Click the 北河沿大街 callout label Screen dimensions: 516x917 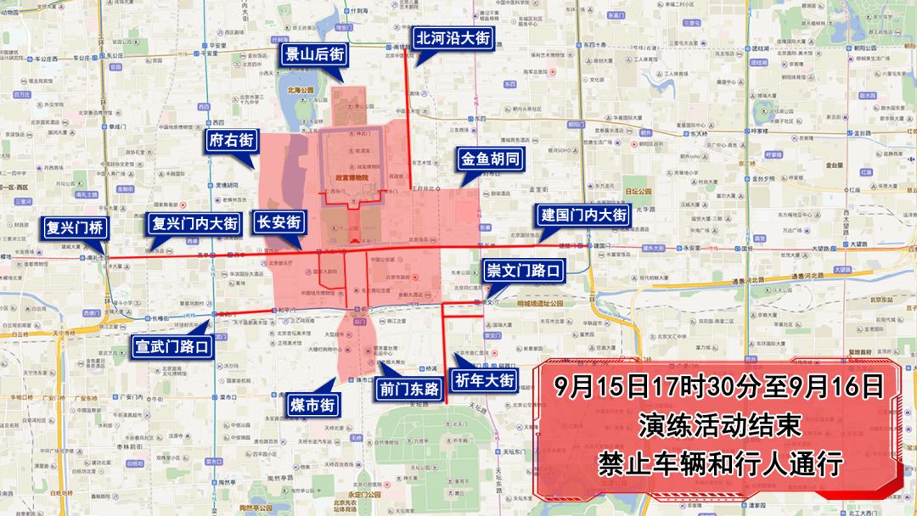(453, 38)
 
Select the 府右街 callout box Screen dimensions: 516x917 (231, 141)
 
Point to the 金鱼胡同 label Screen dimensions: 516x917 (490, 159)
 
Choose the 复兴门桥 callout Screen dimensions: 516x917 (75, 227)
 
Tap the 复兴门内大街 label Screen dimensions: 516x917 (194, 223)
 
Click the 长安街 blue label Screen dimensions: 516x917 (279, 222)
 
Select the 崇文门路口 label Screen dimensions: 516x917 (523, 271)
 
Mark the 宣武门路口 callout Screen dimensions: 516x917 (172, 346)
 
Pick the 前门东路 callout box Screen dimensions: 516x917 (410, 390)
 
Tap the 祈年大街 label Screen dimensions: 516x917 (484, 380)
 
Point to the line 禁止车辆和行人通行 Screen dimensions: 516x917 (718, 463)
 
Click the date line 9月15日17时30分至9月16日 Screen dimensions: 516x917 (718, 387)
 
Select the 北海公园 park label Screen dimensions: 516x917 (301, 88)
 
